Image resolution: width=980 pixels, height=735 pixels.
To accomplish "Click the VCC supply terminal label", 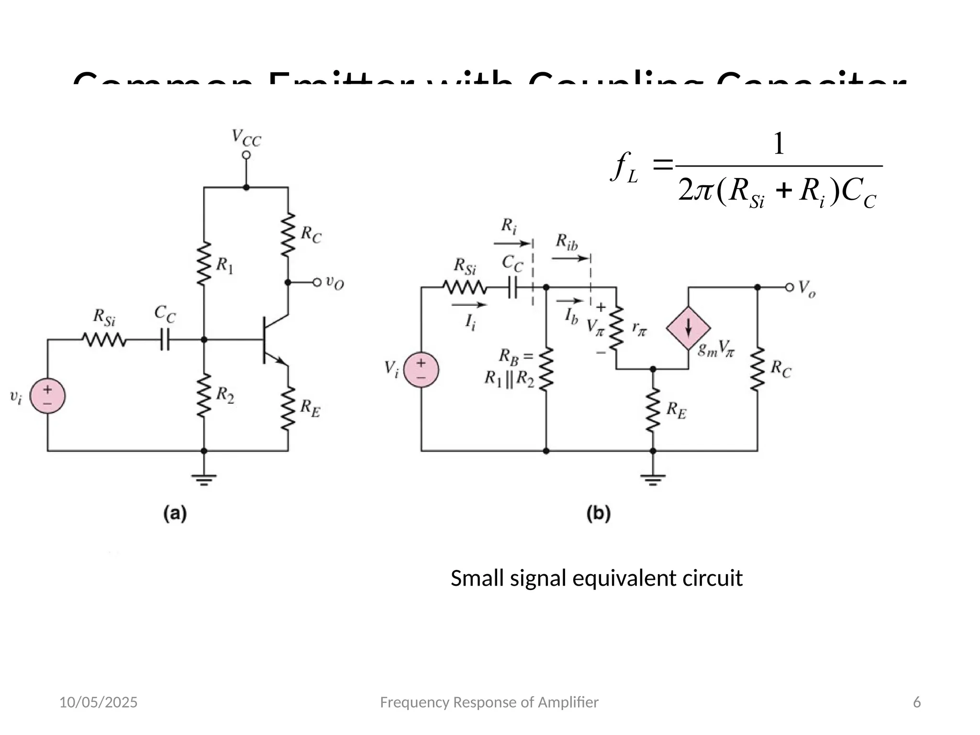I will [246, 138].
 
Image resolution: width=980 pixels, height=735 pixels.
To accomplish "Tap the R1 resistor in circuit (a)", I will [204, 264].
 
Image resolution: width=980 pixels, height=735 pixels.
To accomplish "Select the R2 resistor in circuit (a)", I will [204, 395].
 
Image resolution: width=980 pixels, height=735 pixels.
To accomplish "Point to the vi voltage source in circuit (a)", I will [47, 396].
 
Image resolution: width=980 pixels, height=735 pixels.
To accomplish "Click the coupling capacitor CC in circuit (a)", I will [165, 339].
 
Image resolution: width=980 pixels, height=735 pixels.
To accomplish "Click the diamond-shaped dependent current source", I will [688, 328].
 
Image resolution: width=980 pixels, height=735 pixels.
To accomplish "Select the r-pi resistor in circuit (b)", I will [616, 328].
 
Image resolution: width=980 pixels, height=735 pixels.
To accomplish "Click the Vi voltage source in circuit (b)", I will [421, 370].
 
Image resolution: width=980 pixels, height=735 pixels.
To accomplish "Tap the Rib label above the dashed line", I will [567, 242].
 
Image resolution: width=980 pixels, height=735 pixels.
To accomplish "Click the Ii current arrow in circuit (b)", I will [469, 305].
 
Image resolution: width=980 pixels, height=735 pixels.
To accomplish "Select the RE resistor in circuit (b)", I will [653, 410].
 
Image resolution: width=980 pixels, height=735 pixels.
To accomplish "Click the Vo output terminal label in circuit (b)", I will [807, 289].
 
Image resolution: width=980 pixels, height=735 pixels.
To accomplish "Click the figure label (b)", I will [598, 513].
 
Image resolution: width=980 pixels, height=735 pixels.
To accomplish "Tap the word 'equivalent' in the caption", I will [625, 578].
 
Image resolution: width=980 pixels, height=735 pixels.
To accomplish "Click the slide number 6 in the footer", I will [917, 702].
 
